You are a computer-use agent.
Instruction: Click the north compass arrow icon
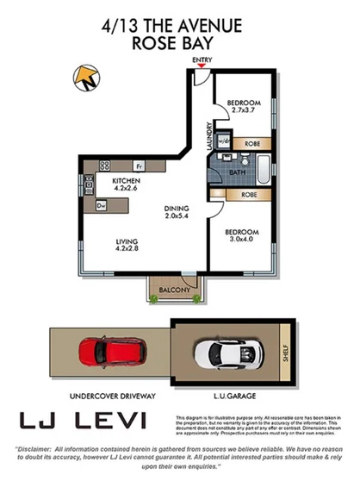[x=87, y=79]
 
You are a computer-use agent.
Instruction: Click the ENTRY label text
[x=202, y=60]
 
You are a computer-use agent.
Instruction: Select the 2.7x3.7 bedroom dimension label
[x=243, y=110]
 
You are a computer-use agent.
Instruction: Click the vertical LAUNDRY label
[x=209, y=135]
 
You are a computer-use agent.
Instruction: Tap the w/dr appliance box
[x=223, y=141]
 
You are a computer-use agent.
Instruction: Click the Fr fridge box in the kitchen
[x=139, y=165]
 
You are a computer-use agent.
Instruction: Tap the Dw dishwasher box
[x=101, y=205]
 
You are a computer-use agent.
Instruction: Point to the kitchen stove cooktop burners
[x=105, y=165]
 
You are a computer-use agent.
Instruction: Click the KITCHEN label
[x=129, y=180]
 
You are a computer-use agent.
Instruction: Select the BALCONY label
[x=175, y=290]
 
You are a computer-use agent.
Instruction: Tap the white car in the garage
[x=225, y=352]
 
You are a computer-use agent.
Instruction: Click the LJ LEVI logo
[x=84, y=421]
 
